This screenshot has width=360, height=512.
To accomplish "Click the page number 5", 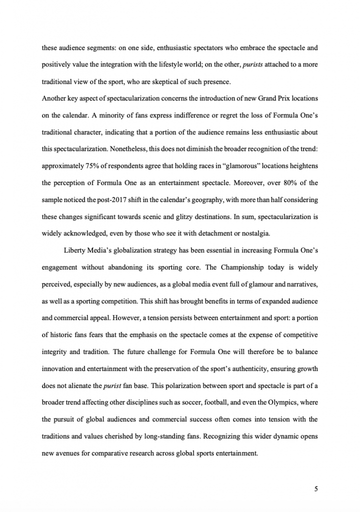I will [316, 489].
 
